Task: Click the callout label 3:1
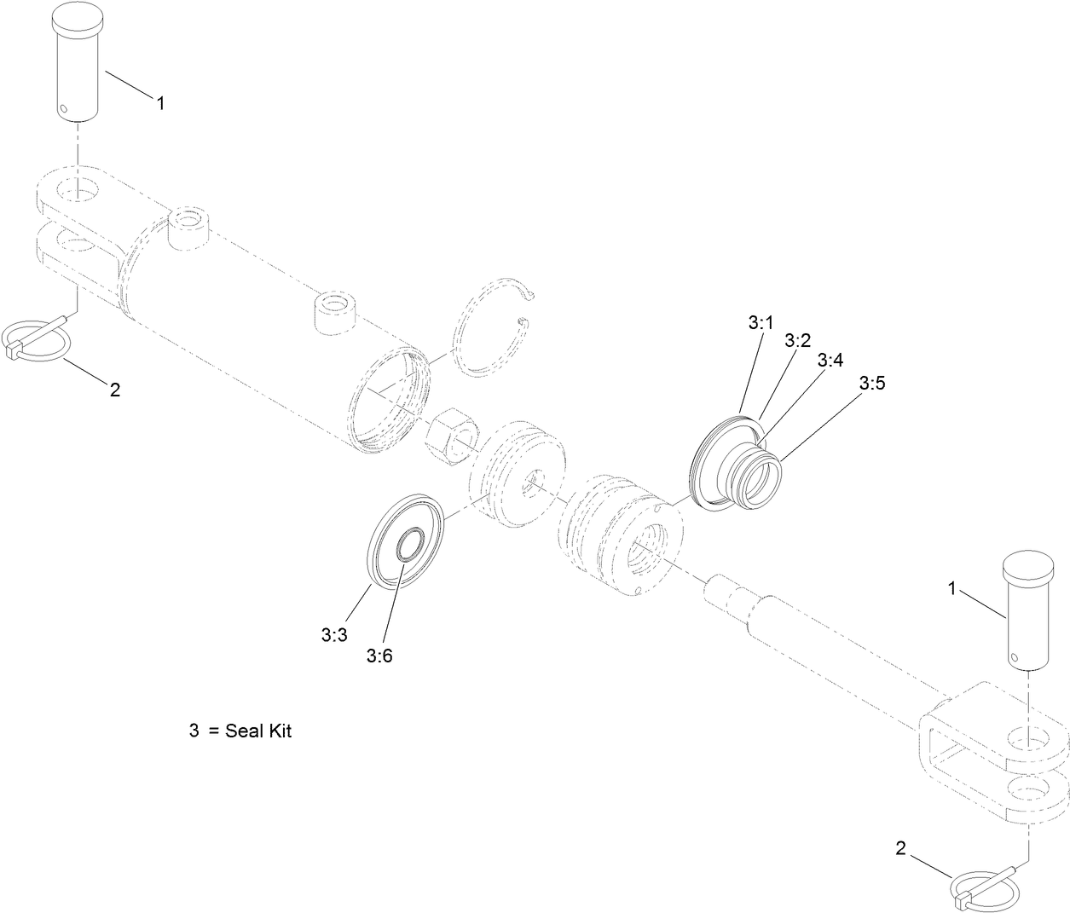click(760, 323)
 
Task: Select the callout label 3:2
click(797, 341)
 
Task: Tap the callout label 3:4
click(830, 360)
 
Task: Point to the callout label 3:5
click(872, 384)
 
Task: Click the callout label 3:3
click(334, 634)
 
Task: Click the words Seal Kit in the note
click(258, 731)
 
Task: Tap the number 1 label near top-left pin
click(160, 102)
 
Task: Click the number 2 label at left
click(115, 390)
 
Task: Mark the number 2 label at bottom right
click(900, 847)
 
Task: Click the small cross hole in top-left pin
click(64, 108)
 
